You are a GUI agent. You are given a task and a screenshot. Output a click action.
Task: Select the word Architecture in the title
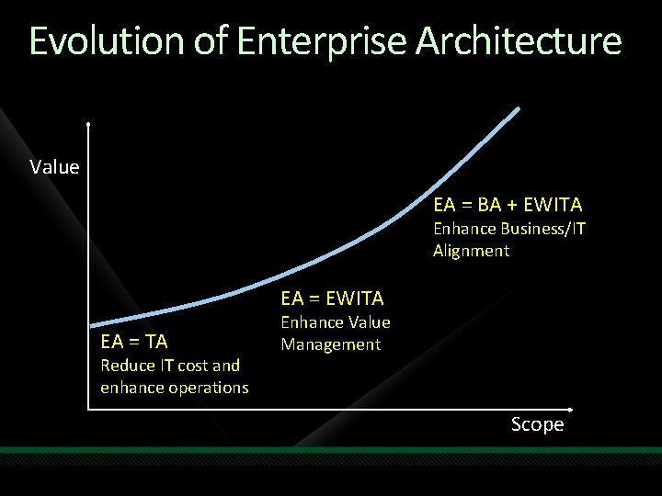point(519,41)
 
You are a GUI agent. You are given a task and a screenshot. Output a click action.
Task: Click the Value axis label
point(54,167)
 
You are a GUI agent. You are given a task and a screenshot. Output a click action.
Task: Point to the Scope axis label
point(537,424)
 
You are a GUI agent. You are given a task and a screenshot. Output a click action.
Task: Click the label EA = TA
point(134,342)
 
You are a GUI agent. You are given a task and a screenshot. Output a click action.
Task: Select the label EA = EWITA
point(332,299)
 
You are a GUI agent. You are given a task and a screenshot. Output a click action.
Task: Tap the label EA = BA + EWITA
point(508,205)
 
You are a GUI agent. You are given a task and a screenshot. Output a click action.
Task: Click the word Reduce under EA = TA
point(128,366)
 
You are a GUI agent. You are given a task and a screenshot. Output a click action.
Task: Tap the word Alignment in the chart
point(471,251)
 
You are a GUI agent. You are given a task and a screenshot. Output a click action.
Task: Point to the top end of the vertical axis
point(88,123)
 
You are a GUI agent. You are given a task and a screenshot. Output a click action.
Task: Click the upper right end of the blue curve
point(518,109)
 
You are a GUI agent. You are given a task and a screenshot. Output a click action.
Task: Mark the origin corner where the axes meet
point(89,407)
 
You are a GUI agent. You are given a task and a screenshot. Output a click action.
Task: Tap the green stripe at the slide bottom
point(331,450)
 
